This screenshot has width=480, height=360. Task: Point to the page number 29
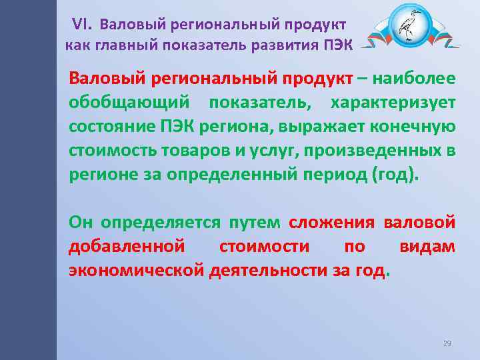pos(447,343)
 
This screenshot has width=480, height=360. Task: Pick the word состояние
pos(109,127)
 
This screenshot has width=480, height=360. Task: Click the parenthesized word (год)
pos(397,175)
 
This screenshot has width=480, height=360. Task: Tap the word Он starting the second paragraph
pos(80,222)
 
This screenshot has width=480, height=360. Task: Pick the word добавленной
pos(127,246)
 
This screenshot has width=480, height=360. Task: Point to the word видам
pos(427,246)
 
